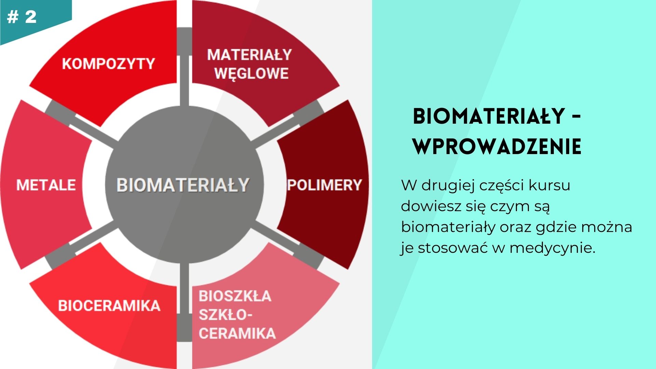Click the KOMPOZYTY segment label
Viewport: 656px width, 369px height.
coord(109,64)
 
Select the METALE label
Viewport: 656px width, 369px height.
coord(46,185)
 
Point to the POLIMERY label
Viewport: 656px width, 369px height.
coord(325,185)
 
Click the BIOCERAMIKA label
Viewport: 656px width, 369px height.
coord(109,305)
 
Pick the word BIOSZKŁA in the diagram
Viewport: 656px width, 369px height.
coord(235,296)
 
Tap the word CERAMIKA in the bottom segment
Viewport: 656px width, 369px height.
coord(237,333)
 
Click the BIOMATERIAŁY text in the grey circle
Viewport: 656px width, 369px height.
coord(183,185)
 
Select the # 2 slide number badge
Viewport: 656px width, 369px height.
coord(22,17)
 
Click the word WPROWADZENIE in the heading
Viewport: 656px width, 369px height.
coord(497,147)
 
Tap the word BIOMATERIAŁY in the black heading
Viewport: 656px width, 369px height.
coord(489,116)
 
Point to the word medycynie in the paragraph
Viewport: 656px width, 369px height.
coord(552,248)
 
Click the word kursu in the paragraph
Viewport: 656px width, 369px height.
coord(549,185)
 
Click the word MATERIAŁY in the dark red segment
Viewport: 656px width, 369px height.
coord(249,55)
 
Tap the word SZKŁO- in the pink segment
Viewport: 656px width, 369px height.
coord(225,315)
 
